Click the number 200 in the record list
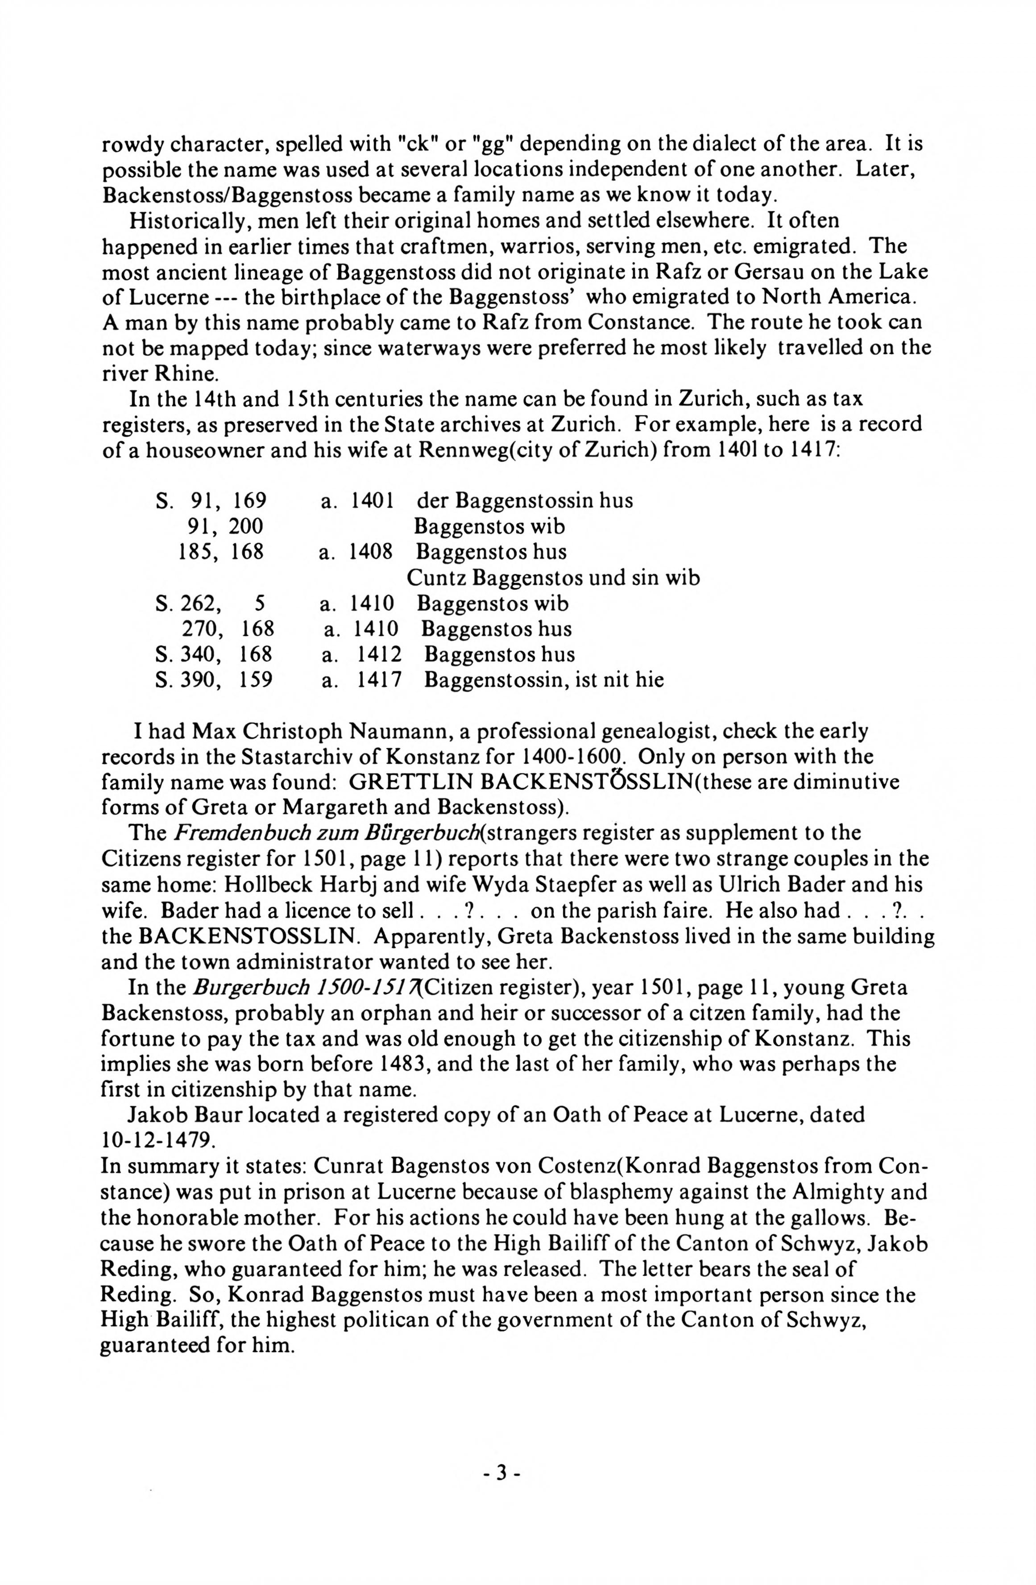tap(246, 527)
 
